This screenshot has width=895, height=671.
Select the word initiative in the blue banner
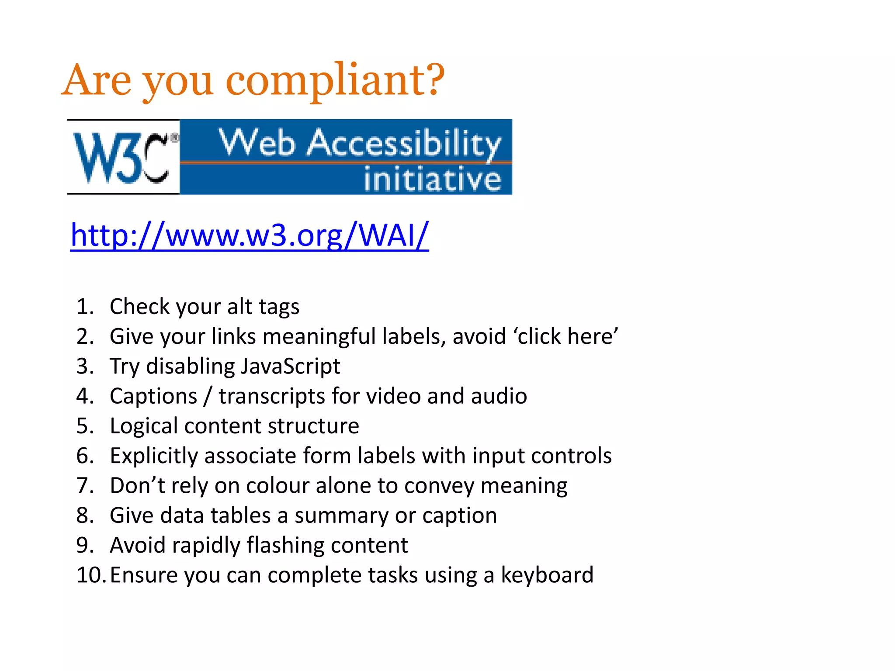[x=432, y=180]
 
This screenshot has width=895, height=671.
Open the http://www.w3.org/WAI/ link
[x=250, y=235]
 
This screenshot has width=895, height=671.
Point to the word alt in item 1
[x=239, y=306]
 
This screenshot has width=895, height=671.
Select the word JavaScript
[x=291, y=366]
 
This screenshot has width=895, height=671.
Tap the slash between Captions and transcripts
[x=208, y=396]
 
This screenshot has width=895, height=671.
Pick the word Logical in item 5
[x=144, y=426]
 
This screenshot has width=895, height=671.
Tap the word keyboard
[x=547, y=575]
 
